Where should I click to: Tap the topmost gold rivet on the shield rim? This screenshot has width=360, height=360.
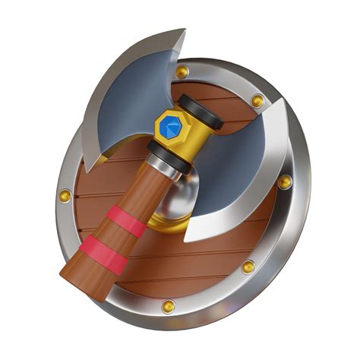point(182,72)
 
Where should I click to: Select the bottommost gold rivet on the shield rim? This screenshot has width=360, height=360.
point(168,306)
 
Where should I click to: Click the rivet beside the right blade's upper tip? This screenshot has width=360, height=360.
point(257,100)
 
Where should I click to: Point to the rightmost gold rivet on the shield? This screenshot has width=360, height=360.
point(284,182)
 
